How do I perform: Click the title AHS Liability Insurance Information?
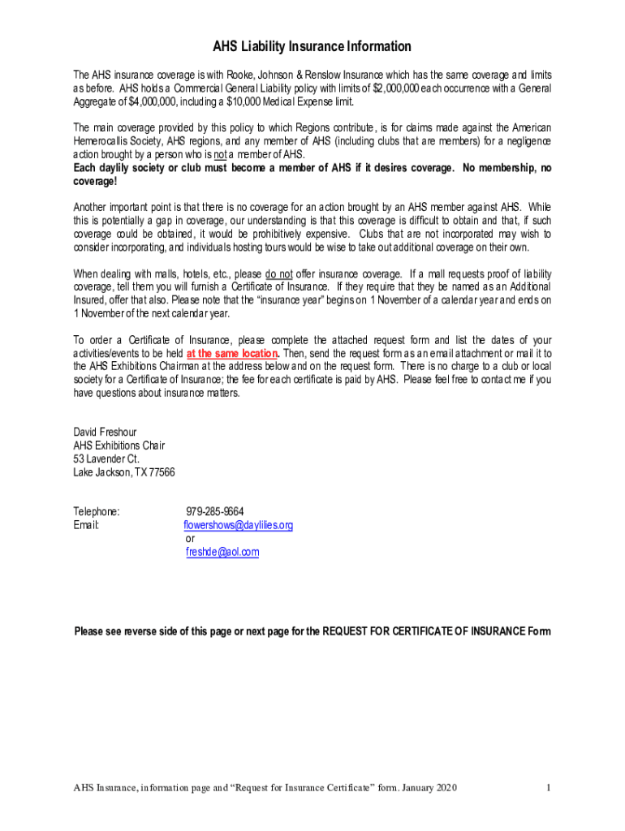click(x=312, y=46)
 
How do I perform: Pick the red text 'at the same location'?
click(x=232, y=354)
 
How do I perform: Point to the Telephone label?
click(x=97, y=511)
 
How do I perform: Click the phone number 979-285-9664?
click(x=214, y=511)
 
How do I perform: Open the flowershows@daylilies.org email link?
click(x=239, y=525)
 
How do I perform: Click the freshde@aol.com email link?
click(x=222, y=552)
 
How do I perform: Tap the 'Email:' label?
click(x=86, y=525)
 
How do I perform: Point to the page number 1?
click(x=550, y=788)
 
